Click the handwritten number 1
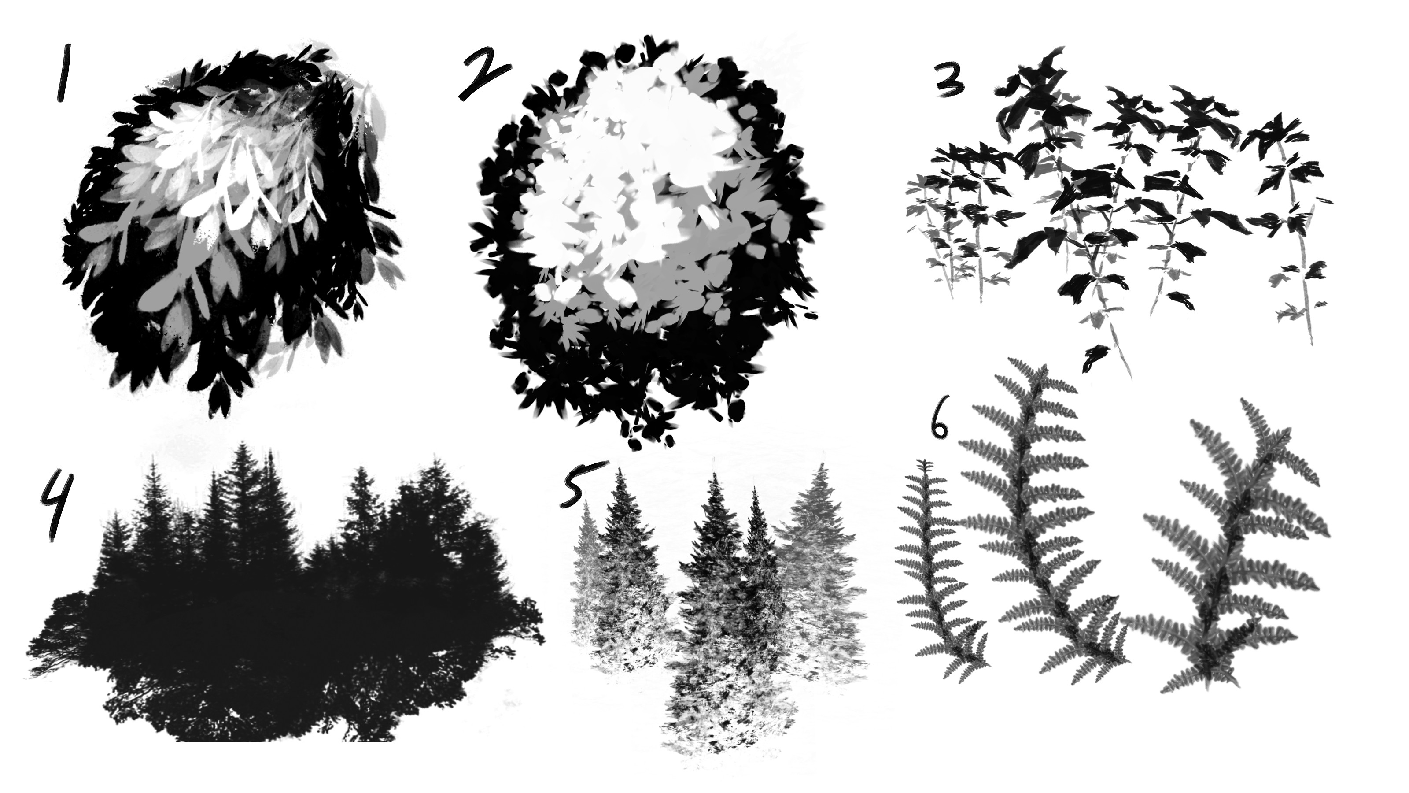tap(64, 74)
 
